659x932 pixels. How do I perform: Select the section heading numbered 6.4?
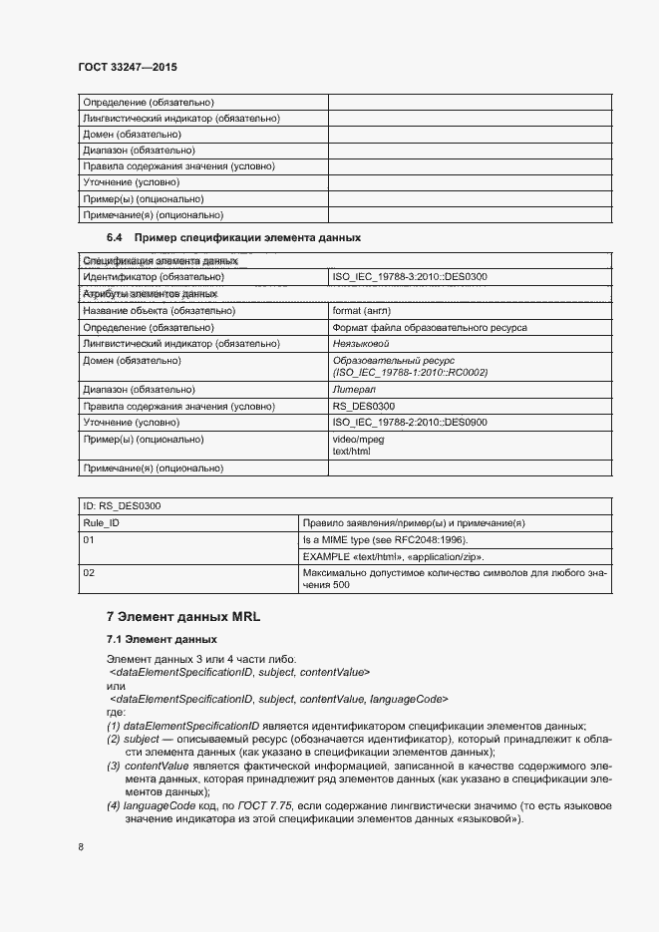pos(233,238)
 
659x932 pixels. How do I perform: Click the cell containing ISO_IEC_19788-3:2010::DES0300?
pos(409,276)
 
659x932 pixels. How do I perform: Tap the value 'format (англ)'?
pos(361,310)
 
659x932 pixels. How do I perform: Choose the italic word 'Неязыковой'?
pos(360,343)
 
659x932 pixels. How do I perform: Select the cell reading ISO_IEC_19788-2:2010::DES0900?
pos(409,422)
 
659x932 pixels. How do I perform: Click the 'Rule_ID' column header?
pos(102,522)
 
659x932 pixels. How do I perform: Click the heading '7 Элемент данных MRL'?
pos(182,617)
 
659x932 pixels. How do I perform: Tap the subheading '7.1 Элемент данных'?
pos(162,638)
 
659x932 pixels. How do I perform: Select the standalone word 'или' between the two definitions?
pos(116,686)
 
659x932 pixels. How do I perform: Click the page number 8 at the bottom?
pos(81,847)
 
